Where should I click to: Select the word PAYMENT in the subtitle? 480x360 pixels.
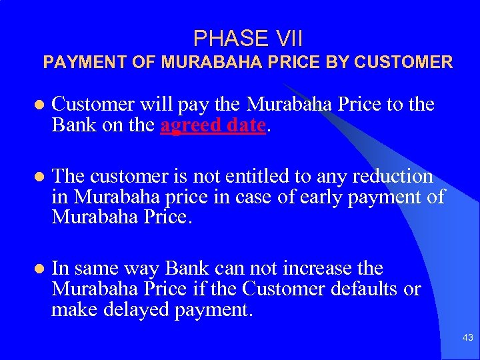point(75,63)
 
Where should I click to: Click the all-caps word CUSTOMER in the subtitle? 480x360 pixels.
point(404,63)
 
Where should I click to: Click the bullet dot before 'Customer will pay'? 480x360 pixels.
point(39,105)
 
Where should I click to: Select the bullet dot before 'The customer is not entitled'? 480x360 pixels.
point(39,177)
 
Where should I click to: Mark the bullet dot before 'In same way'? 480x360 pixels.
point(39,269)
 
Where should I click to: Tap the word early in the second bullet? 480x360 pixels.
point(339,197)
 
